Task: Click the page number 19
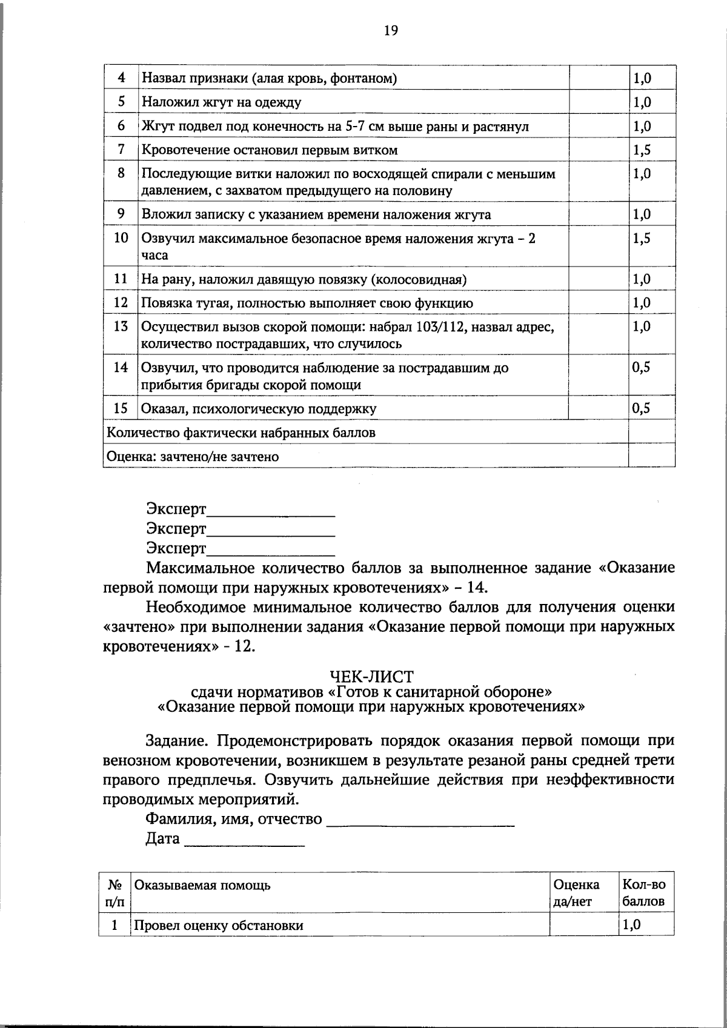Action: tap(391, 30)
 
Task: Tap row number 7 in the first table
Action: tap(121, 149)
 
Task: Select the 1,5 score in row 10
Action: tap(642, 238)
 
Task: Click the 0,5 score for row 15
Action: tap(642, 408)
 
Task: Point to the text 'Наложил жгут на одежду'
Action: tap(221, 102)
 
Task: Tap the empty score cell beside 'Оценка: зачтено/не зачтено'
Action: tap(651, 456)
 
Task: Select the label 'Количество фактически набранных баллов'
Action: tap(241, 433)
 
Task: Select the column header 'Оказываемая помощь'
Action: tap(202, 885)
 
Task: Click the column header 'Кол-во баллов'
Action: tap(643, 892)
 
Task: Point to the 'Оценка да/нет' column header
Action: tap(576, 892)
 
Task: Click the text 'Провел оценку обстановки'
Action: tap(219, 925)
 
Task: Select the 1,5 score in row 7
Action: tap(642, 150)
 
